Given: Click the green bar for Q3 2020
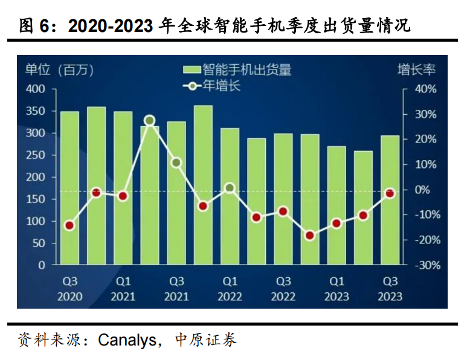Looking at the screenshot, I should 69,188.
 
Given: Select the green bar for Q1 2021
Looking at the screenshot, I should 123,188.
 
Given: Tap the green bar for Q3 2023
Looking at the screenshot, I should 390,200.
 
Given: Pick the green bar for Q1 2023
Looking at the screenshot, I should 337,205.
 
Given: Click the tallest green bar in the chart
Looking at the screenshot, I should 203,185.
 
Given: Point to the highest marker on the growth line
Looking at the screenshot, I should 150,121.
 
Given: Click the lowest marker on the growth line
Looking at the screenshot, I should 310,236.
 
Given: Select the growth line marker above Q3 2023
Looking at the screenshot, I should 390,193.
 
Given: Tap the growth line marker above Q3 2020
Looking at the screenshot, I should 69,226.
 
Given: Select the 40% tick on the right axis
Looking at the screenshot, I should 425,89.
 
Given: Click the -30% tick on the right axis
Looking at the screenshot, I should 424,265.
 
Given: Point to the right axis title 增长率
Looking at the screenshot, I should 416,69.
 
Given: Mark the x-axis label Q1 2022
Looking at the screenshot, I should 230,289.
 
